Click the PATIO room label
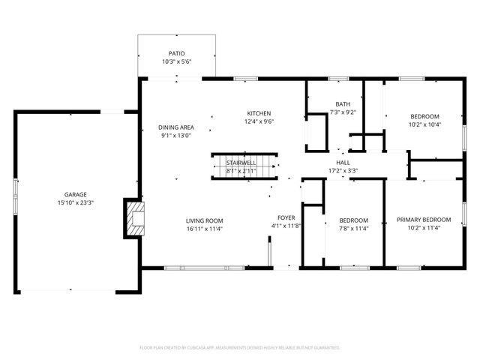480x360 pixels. (x=176, y=54)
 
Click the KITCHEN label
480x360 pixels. (x=259, y=113)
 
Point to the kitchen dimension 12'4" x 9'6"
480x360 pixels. (x=259, y=121)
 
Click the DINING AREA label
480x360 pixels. (x=176, y=127)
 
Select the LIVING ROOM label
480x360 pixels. (x=205, y=220)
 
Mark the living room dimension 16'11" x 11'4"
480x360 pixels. (x=205, y=229)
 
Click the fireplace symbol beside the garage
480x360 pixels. (x=135, y=217)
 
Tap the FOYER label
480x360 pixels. (x=286, y=217)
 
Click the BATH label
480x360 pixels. (x=342, y=104)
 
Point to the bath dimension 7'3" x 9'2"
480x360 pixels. (x=342, y=112)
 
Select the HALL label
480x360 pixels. (x=343, y=162)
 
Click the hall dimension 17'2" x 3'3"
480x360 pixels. (x=343, y=170)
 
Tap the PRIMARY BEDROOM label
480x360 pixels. (x=424, y=220)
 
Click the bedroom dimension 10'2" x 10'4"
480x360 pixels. (x=424, y=124)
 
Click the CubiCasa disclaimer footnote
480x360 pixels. (x=240, y=348)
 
